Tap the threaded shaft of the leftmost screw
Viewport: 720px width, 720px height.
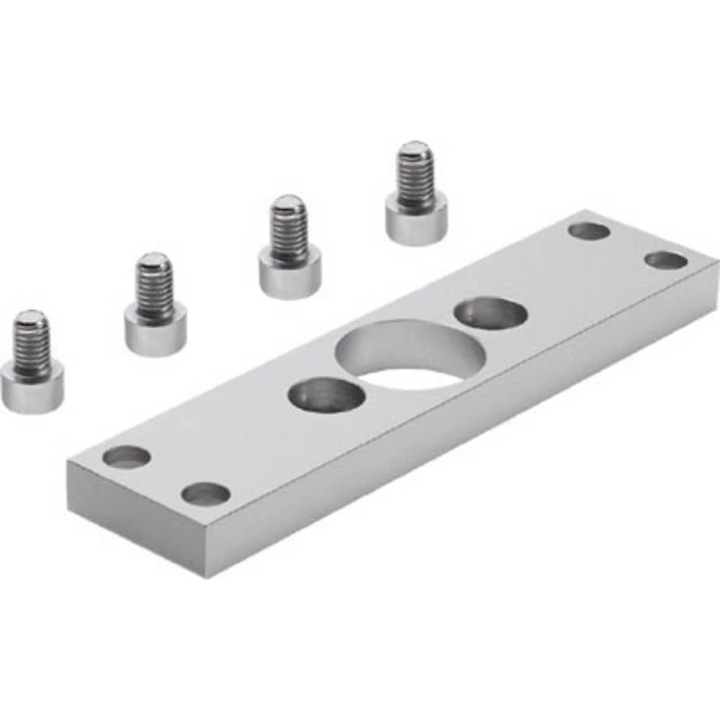point(32,346)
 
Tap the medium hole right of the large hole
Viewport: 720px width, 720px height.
point(490,314)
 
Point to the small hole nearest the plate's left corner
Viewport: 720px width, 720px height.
point(127,456)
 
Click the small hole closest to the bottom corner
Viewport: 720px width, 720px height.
point(205,494)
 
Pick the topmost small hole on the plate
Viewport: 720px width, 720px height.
point(588,231)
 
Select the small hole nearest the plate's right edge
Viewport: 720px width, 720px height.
point(665,260)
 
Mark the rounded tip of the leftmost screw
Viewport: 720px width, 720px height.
point(31,316)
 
